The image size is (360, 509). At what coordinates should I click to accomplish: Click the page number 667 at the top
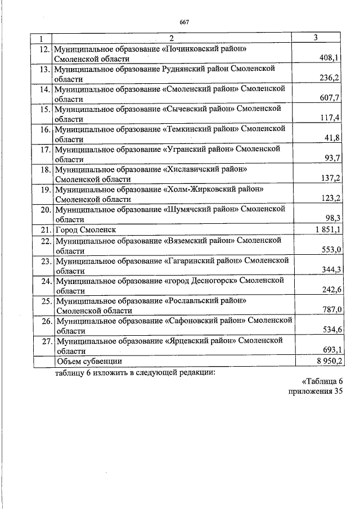183,22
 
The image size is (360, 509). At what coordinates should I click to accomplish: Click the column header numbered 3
317,38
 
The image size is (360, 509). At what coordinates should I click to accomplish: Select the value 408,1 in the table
330,58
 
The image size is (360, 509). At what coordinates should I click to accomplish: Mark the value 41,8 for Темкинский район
332,138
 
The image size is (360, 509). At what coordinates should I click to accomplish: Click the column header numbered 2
171,38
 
